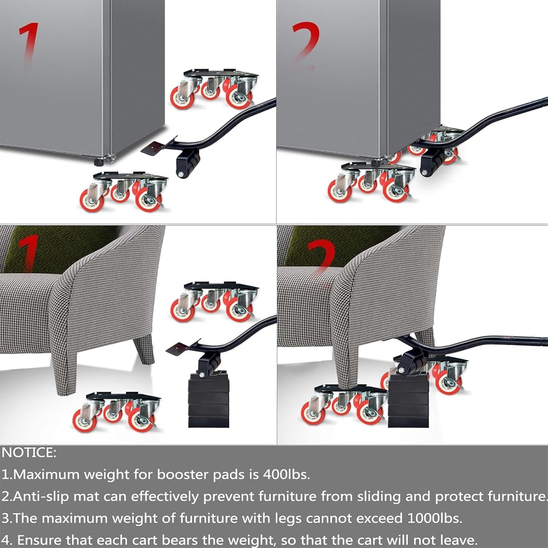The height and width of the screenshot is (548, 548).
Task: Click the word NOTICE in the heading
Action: click(x=29, y=453)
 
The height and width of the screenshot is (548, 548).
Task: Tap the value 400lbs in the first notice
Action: click(x=286, y=474)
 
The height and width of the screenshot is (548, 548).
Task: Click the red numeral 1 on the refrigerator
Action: click(x=30, y=42)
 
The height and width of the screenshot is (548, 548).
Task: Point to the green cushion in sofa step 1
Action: click(x=57, y=247)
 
